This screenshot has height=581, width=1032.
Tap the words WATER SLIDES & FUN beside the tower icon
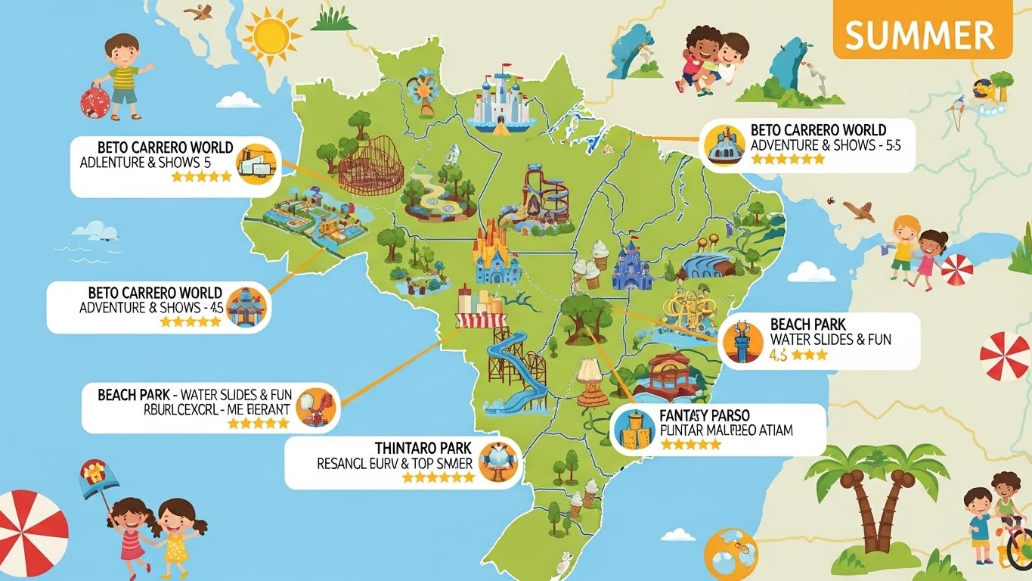830,340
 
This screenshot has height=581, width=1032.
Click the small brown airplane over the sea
857,210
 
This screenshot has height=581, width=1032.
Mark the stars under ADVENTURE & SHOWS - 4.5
190,322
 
